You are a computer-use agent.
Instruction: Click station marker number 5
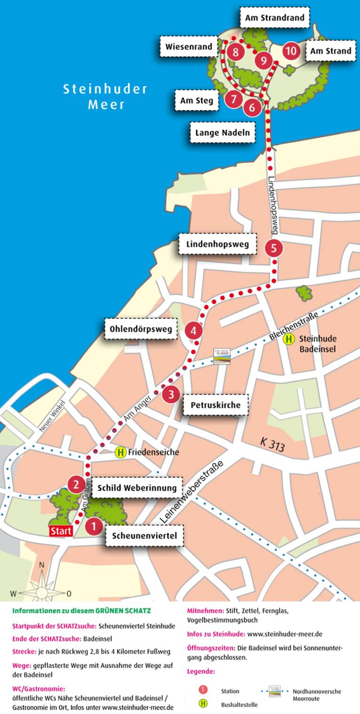click(274, 248)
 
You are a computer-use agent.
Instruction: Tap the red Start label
click(61, 531)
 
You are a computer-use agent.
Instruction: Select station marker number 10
click(291, 51)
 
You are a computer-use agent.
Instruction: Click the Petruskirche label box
click(215, 405)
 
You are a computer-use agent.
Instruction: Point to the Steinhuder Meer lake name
click(105, 96)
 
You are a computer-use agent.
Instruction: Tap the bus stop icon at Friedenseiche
click(120, 452)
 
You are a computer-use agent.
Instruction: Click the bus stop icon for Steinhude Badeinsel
click(289, 339)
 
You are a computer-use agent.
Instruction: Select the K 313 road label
click(272, 444)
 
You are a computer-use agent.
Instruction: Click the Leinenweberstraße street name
click(192, 492)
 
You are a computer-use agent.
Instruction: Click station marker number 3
click(171, 394)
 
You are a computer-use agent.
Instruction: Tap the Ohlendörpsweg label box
click(141, 328)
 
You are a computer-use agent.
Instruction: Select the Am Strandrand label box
click(275, 18)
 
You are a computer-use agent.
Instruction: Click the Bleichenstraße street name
click(295, 325)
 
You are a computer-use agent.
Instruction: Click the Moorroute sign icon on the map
click(223, 356)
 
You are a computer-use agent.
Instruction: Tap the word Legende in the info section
click(201, 671)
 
